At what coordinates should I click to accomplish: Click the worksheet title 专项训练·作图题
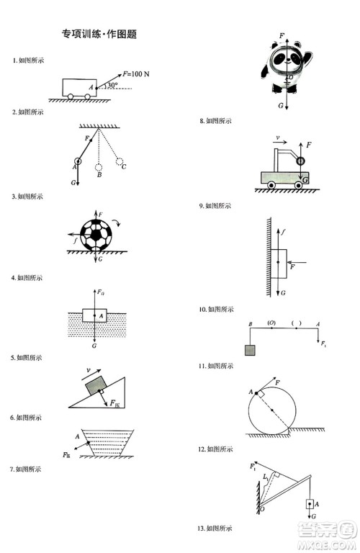click(99, 33)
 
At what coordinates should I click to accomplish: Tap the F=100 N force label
click(136, 73)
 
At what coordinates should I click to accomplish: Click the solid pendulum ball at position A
click(78, 161)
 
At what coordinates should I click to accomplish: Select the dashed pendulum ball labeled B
click(99, 163)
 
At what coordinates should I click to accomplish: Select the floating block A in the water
click(96, 315)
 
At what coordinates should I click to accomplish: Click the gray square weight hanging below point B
click(250, 350)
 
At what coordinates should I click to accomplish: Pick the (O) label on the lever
click(271, 323)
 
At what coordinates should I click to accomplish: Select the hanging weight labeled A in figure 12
click(310, 505)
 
